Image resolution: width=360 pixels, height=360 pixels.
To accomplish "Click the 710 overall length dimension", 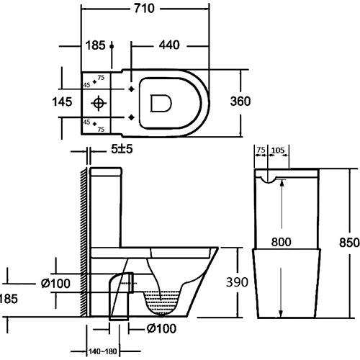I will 161,9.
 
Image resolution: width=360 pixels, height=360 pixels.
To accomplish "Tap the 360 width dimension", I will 240,102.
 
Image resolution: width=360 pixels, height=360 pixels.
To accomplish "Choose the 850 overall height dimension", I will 348,243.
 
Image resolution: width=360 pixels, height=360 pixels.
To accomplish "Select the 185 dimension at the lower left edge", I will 6,297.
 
